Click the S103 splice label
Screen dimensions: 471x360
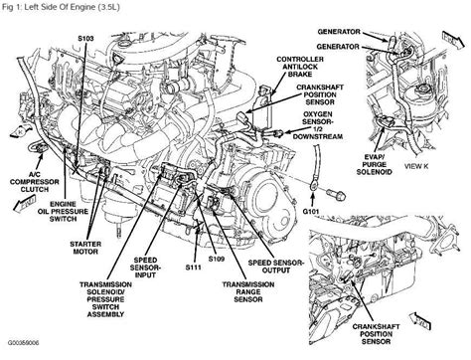coord(85,39)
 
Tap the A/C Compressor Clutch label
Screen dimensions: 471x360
coord(35,182)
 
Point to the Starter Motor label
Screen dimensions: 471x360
coord(85,248)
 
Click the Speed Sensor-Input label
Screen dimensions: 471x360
coord(145,268)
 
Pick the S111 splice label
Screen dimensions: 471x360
coord(193,268)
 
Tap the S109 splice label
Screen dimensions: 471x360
coord(217,259)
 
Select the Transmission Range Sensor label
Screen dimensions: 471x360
coord(248,292)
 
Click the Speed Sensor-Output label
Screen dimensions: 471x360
coord(276,267)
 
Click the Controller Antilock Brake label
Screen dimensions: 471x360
coord(300,67)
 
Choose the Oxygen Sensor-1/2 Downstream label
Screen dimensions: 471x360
coord(318,125)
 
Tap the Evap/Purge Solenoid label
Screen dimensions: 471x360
coord(375,164)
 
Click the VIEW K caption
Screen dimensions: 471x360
coord(416,166)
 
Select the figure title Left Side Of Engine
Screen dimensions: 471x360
coord(60,7)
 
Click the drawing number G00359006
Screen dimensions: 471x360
coord(23,342)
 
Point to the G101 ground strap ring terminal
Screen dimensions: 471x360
coord(313,186)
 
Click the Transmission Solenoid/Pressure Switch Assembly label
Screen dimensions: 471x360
coord(105,299)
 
